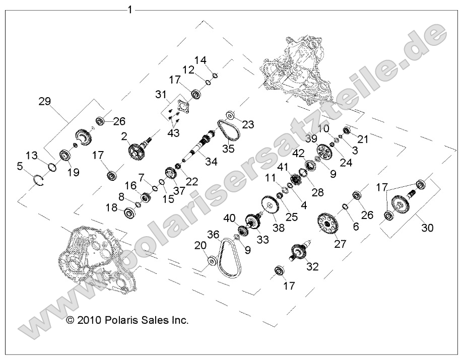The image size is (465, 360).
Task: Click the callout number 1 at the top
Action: [x=130, y=9]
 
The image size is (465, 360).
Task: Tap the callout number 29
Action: [x=45, y=101]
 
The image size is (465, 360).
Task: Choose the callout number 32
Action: [x=313, y=266]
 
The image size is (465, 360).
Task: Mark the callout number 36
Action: [x=213, y=235]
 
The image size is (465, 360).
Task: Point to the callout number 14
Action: [x=201, y=60]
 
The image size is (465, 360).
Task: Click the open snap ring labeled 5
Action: [x=39, y=179]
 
